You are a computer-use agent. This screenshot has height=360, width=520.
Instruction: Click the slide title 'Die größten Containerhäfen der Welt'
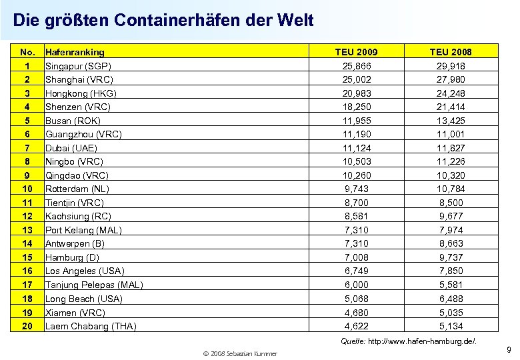(x=163, y=21)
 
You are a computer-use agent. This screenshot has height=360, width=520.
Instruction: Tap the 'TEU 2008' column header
(x=451, y=52)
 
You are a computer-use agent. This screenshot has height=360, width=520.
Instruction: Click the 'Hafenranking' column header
(x=75, y=52)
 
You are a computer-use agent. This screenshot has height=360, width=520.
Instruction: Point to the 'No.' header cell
(x=27, y=52)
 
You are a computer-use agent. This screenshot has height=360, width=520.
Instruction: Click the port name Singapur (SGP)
(x=77, y=66)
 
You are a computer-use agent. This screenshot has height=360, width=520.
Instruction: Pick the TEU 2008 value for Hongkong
(x=451, y=93)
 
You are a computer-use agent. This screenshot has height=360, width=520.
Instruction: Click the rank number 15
(x=27, y=257)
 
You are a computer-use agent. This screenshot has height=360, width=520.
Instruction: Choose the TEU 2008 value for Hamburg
(x=451, y=257)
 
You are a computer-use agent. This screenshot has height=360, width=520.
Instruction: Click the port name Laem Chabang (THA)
(x=91, y=326)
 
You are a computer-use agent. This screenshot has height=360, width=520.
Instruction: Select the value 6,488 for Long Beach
(x=451, y=299)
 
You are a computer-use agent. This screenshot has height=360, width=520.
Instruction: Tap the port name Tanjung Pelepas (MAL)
(x=94, y=285)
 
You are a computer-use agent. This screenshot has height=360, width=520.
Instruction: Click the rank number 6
(x=27, y=134)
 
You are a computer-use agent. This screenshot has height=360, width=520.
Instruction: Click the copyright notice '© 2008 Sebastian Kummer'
(x=240, y=353)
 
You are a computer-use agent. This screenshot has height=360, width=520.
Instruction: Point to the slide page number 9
(x=509, y=349)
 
